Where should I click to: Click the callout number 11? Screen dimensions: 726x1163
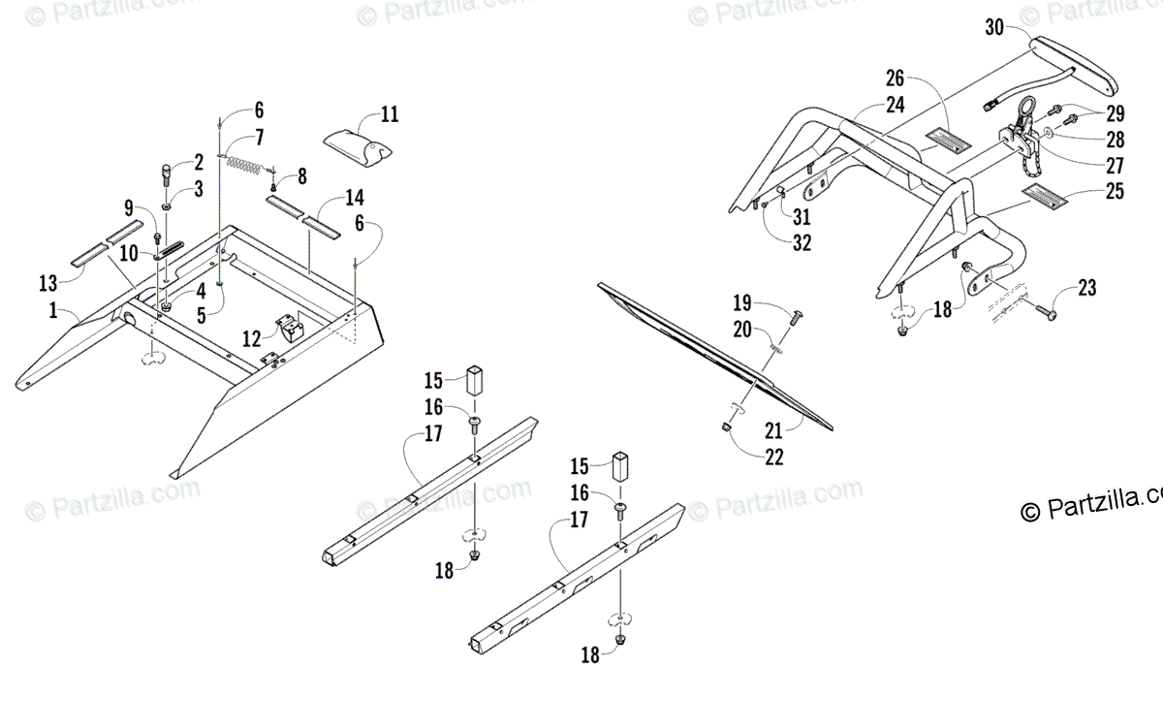[390, 114]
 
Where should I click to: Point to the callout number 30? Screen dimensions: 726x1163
[994, 27]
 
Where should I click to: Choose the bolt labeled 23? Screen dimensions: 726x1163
[1044, 313]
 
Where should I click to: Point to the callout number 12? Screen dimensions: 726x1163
[251, 338]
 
